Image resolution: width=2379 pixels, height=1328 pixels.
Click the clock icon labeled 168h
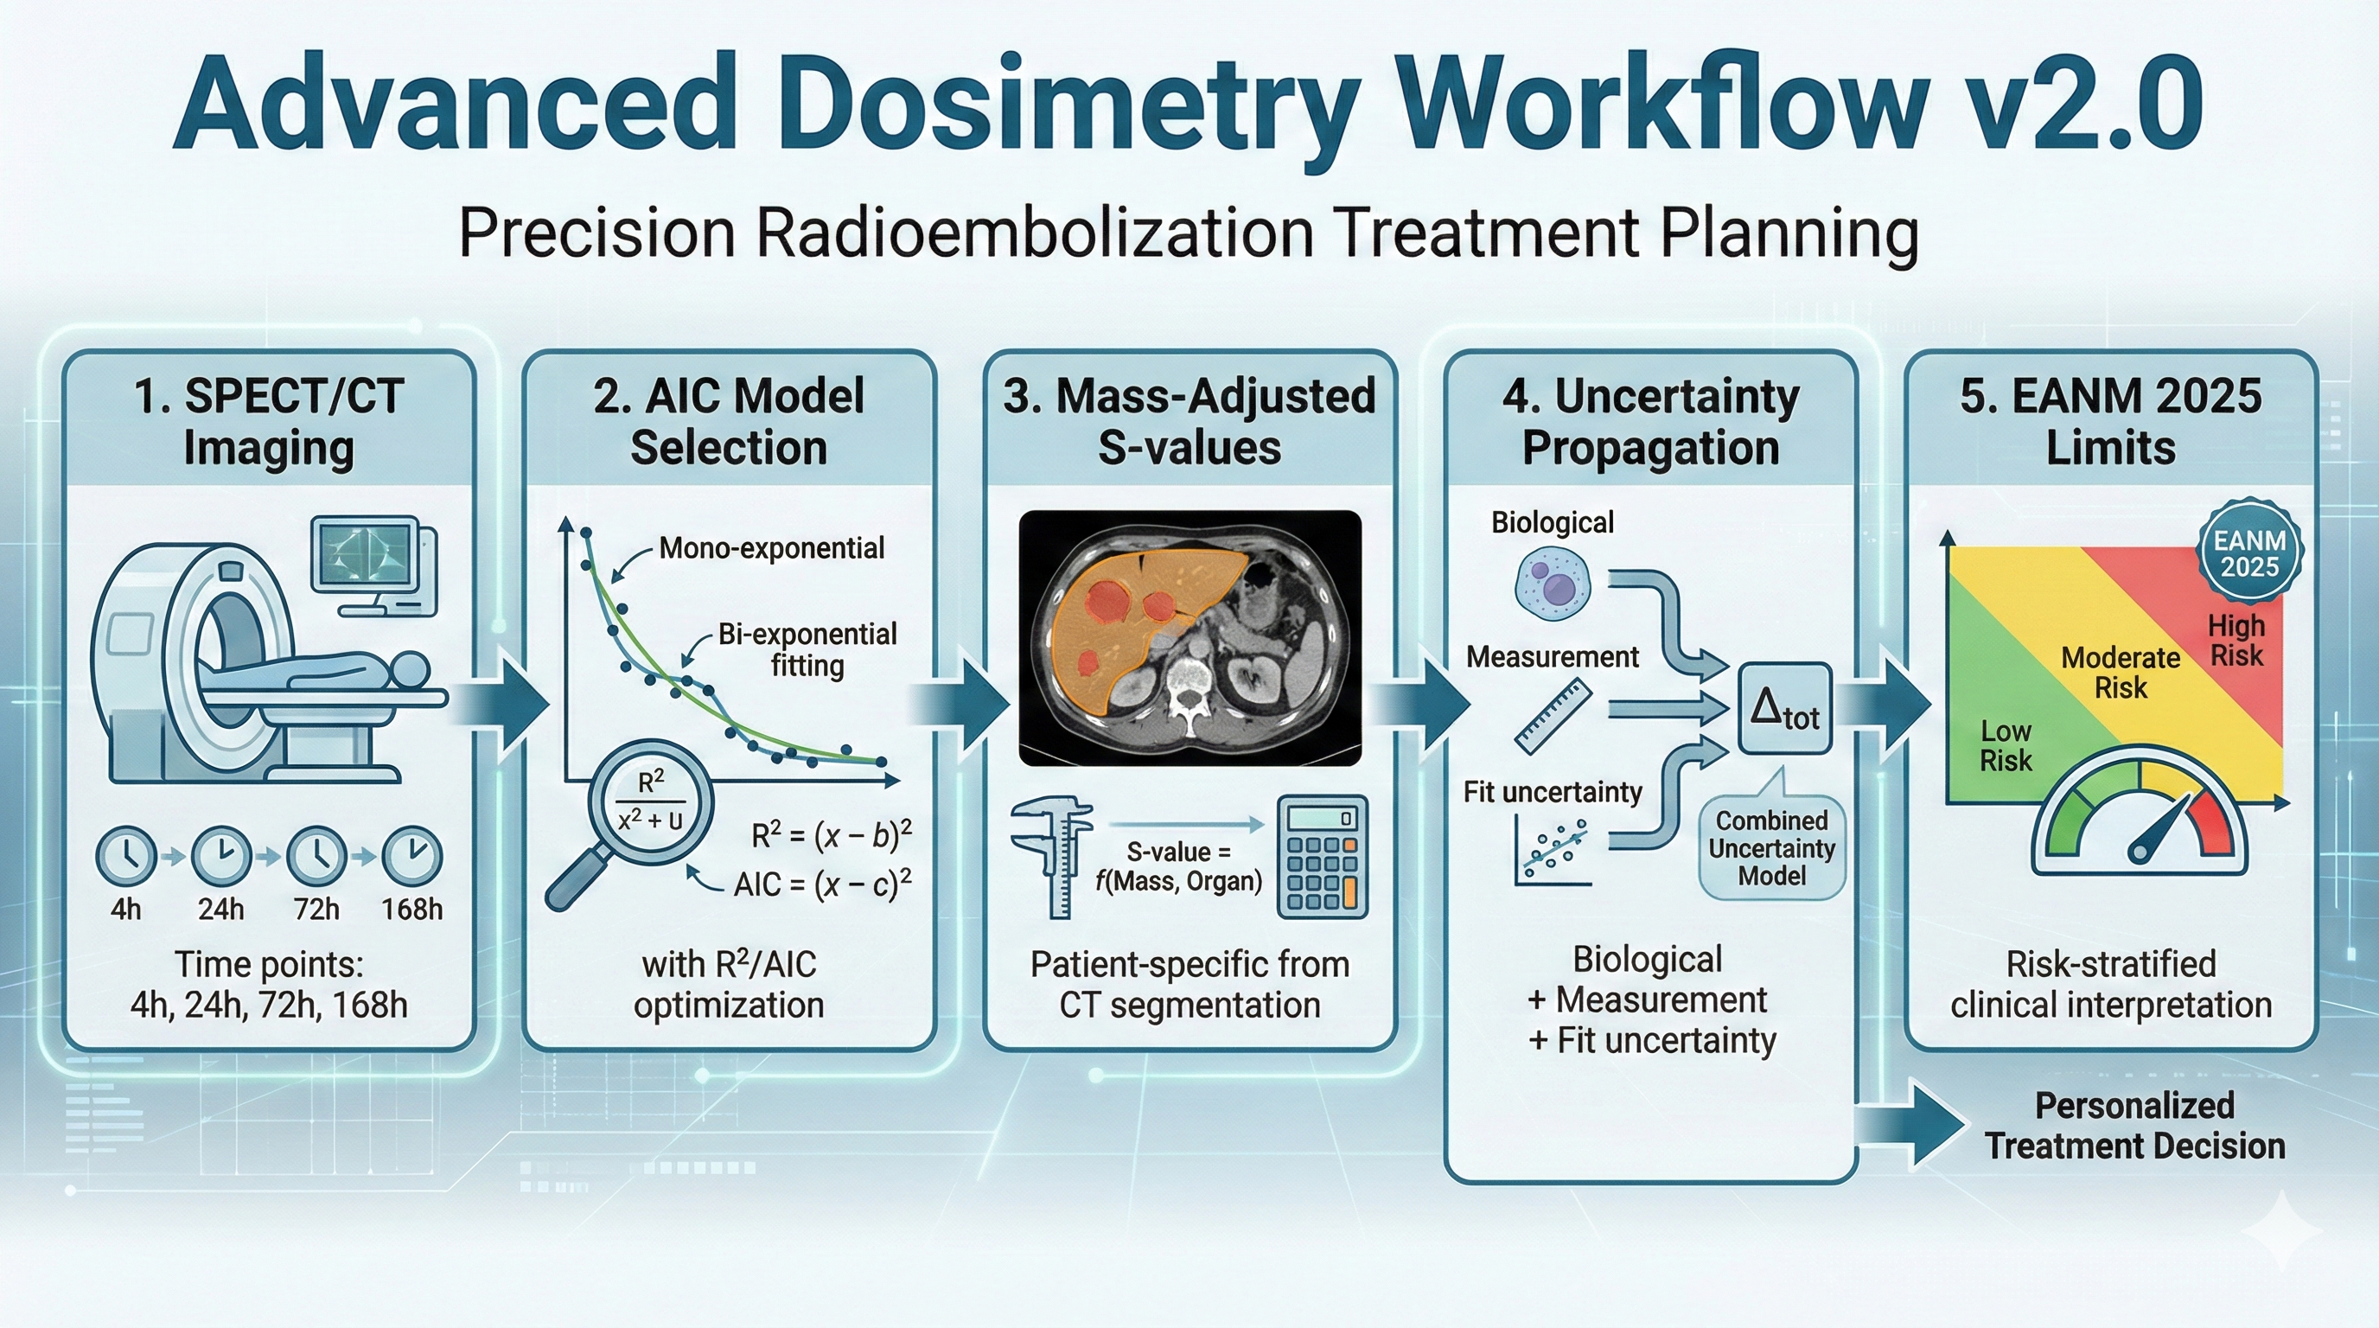411,856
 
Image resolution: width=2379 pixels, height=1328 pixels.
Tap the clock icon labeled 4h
125,856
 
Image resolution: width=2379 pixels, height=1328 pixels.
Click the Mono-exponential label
771,548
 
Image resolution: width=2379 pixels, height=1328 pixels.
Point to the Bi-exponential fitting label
807,649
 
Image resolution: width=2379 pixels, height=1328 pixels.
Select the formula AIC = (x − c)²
822,884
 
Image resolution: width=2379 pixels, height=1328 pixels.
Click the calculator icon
1322,857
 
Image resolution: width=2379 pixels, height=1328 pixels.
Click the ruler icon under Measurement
1553,715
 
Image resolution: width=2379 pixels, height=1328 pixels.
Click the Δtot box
1784,709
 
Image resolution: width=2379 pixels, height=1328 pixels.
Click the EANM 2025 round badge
2248,553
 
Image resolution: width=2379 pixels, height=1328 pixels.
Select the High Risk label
2235,641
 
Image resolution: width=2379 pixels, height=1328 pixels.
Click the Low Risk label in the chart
2006,745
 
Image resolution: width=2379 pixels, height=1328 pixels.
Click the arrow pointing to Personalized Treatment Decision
1911,1125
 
